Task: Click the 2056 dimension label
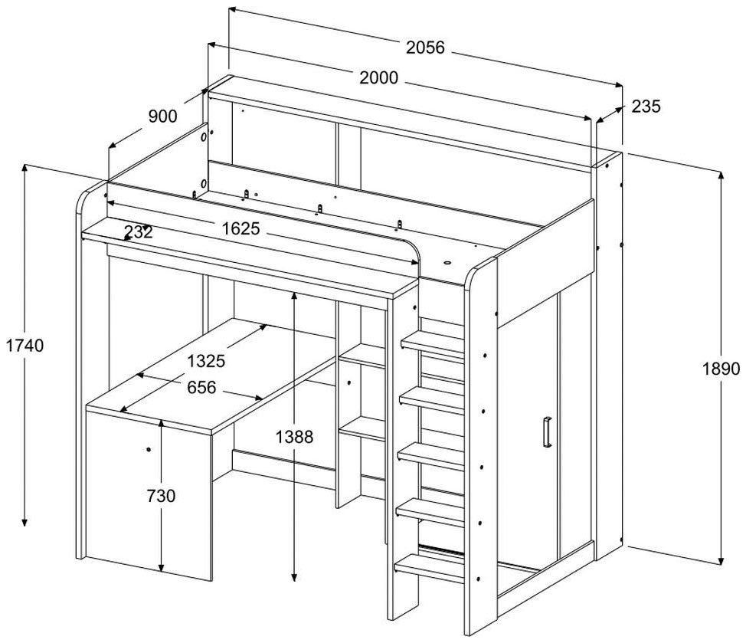[x=425, y=48]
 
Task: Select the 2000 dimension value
[x=378, y=77]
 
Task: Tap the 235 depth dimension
[x=646, y=107]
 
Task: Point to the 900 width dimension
[x=162, y=116]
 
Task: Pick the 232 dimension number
[x=137, y=232]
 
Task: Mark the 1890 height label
[x=721, y=369]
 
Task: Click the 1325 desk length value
[x=207, y=361]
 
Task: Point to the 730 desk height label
[x=161, y=496]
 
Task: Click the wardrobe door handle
[x=546, y=431]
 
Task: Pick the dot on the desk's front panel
[x=148, y=448]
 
